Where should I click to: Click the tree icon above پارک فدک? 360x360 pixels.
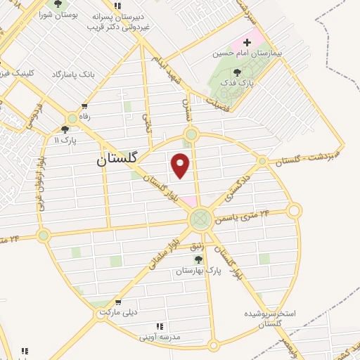236,72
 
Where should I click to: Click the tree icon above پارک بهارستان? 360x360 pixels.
198,259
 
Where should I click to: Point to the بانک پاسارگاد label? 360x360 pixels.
73,73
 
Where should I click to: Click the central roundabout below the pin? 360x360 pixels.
200,219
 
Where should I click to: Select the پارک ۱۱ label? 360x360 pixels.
66,140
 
